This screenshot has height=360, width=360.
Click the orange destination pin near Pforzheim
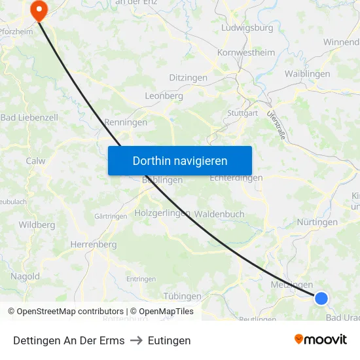pyautogui.click(x=39, y=9)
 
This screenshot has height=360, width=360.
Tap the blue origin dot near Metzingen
pyautogui.click(x=321, y=298)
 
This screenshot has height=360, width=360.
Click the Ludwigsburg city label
pyautogui.click(x=247, y=28)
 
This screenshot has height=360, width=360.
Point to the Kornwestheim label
pyautogui.click(x=247, y=52)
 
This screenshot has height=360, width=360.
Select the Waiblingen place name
pyautogui.click(x=307, y=74)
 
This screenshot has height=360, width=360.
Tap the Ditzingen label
pyautogui.click(x=188, y=78)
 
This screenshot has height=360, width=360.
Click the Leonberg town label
pyautogui.click(x=164, y=96)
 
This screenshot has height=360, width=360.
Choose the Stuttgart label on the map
pyautogui.click(x=242, y=113)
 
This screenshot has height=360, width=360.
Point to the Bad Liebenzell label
pyautogui.click(x=29, y=118)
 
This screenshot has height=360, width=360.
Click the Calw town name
pyautogui.click(x=35, y=160)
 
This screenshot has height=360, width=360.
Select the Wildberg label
pyautogui.click(x=37, y=225)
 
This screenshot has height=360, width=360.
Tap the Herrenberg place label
pyautogui.click(x=93, y=244)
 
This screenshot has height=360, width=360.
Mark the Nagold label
pyautogui.click(x=25, y=276)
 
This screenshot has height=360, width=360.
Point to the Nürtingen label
pyautogui.click(x=317, y=222)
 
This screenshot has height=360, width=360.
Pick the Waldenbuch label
pyautogui.click(x=219, y=214)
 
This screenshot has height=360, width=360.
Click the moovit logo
pyautogui.click(x=320, y=339)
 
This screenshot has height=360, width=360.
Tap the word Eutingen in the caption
pyautogui.click(x=169, y=340)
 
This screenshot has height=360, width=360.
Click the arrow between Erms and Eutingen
pyautogui.click(x=136, y=340)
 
